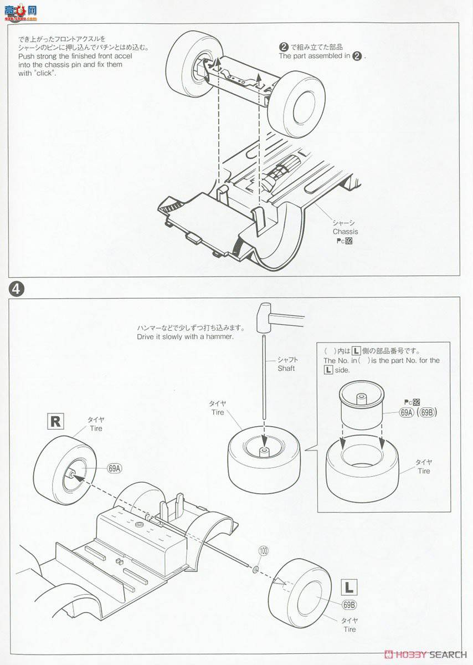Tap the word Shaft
[286, 369]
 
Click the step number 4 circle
[16, 288]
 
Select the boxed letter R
[55, 422]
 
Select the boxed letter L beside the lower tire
[349, 587]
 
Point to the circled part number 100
[263, 551]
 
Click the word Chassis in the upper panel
[345, 232]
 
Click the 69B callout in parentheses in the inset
[426, 412]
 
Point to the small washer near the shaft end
[255, 561]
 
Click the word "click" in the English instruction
[44, 73]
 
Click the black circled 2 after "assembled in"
[358, 56]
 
